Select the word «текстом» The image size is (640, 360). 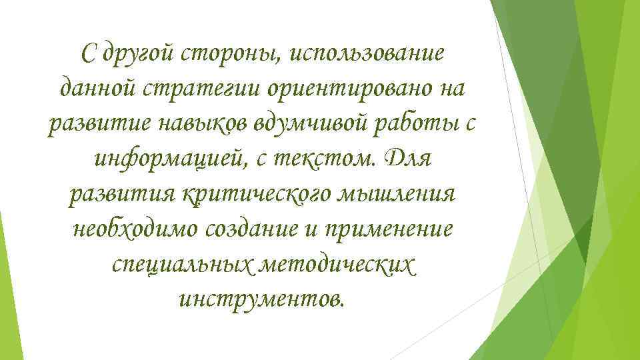tap(319, 160)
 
